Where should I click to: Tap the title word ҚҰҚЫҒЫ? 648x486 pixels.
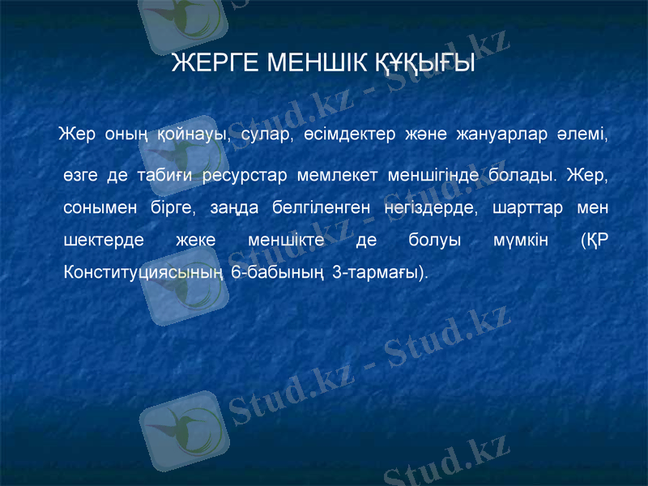(426, 63)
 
